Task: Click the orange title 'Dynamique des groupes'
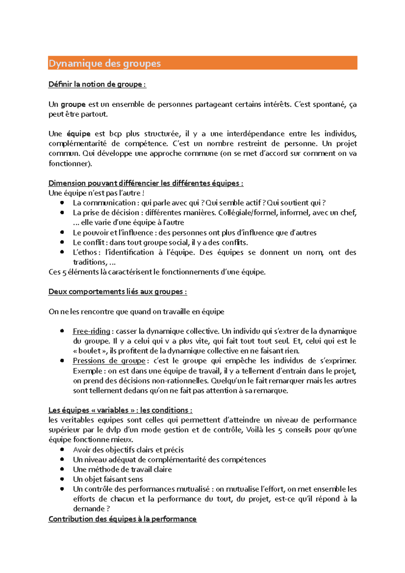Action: point(105,63)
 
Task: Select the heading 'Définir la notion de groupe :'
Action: point(97,84)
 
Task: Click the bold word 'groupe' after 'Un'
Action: point(73,105)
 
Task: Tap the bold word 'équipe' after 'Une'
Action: point(79,134)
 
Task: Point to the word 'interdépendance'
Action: point(255,134)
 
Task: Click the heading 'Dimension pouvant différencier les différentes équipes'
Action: point(145,183)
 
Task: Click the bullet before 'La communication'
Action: point(62,203)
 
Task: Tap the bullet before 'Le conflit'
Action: point(62,242)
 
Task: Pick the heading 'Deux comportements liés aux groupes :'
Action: point(117,292)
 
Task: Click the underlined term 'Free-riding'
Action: point(91,331)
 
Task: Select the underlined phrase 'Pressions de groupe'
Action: point(109,361)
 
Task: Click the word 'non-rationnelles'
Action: point(180,381)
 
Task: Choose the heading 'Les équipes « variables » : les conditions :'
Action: point(120,410)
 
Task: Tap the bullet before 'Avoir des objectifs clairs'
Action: point(62,450)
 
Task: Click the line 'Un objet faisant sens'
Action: point(108,479)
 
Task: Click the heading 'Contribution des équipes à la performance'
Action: point(122,519)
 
